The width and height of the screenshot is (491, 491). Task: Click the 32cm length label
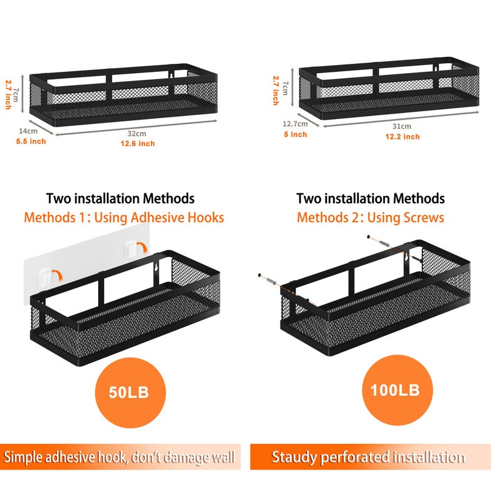coord(137,133)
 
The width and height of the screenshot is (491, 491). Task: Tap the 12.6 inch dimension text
coord(137,144)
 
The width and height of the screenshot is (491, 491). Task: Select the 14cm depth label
coord(28,131)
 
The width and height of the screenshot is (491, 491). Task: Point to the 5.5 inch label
coord(31,141)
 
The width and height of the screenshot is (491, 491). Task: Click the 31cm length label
coord(402,126)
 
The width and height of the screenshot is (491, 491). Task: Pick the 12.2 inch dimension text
coord(403,136)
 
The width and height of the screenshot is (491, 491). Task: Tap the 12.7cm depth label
coord(295,124)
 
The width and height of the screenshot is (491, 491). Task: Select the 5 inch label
coord(295,134)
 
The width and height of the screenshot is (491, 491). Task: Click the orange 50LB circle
coord(130,393)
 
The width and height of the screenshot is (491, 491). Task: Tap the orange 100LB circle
coord(397,390)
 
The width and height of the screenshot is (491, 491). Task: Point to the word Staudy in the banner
coord(294,457)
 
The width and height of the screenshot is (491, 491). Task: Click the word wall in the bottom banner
coord(223,457)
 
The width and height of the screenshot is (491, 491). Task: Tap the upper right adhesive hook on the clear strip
coord(131,249)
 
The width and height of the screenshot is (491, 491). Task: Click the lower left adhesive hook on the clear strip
coord(45,276)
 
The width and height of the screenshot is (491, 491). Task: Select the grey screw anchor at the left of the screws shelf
coord(271,282)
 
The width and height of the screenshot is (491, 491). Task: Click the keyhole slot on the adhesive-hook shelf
coord(156,267)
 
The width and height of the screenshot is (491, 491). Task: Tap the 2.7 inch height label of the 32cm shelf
coord(9,95)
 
